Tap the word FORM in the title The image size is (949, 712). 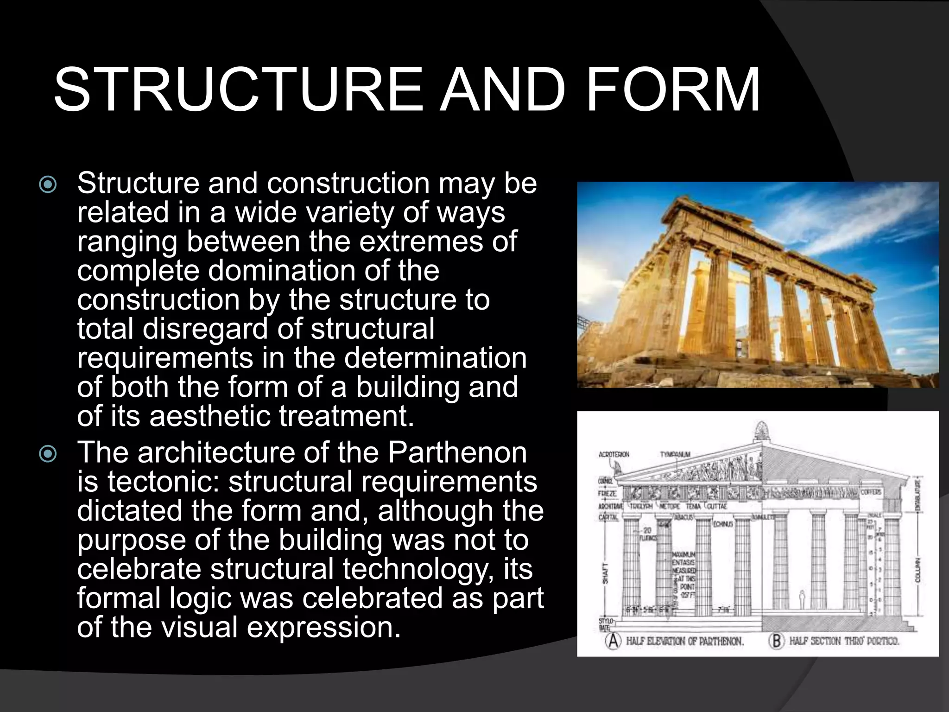[673, 90]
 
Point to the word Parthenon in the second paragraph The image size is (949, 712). [457, 452]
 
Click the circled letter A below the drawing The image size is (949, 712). [613, 641]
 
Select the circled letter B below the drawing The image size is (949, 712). [776, 641]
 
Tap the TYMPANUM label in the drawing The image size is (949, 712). [675, 454]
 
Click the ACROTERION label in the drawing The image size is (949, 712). [614, 454]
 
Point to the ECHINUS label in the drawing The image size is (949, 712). [723, 524]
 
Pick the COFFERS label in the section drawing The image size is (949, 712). [871, 492]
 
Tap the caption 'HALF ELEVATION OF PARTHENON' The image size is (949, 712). [684, 642]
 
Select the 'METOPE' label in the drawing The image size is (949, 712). [670, 506]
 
